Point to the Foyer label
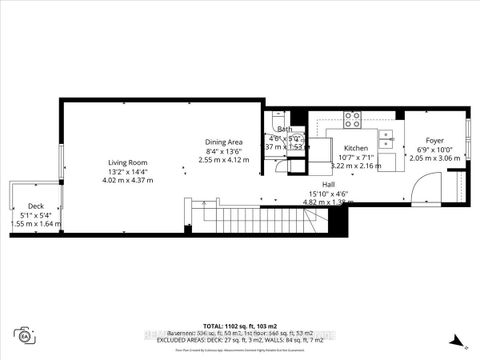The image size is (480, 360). [434, 140]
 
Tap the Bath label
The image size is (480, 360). [284, 129]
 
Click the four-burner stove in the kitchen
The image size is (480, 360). [352, 119]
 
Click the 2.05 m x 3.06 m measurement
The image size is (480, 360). [434, 158]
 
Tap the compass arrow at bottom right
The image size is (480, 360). [454, 339]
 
